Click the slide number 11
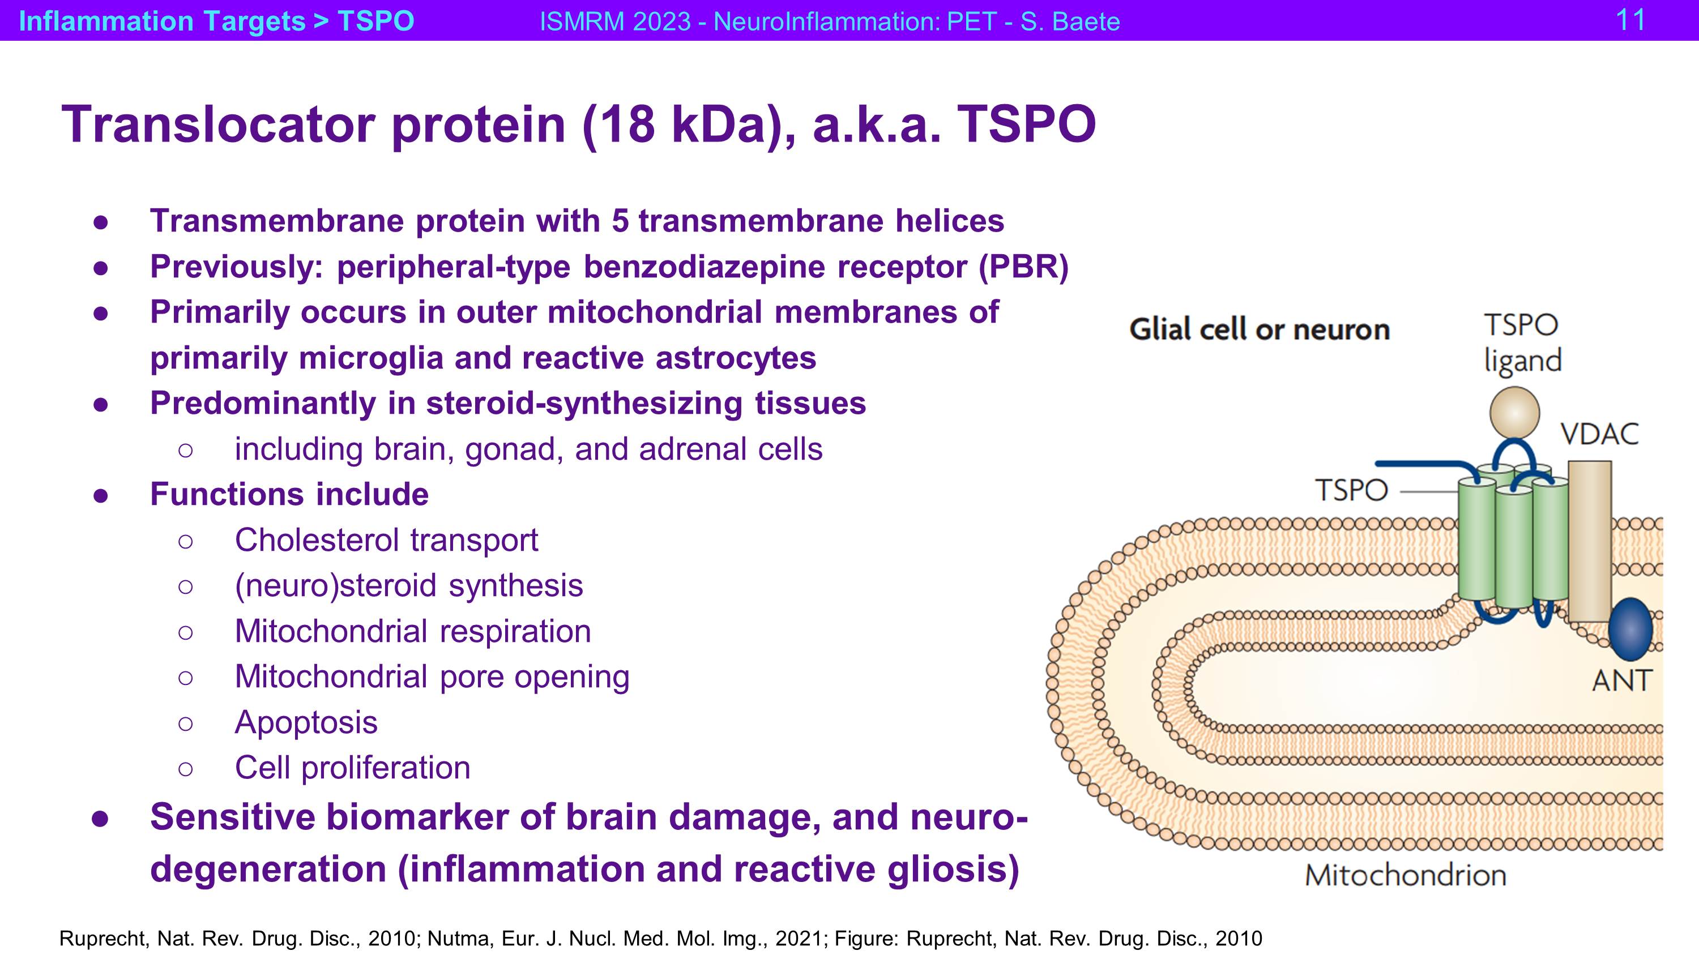1630,20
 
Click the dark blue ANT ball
1630,629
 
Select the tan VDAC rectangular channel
1590,541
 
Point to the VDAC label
1599,434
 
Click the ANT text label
1621,680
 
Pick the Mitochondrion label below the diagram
1406,875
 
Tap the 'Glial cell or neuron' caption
1259,329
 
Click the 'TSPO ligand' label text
1522,342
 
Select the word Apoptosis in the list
306,723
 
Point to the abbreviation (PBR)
1023,267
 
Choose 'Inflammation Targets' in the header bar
162,21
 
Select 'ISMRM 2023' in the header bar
614,21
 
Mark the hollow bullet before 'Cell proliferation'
185,769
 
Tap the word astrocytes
736,358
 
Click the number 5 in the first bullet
620,221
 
